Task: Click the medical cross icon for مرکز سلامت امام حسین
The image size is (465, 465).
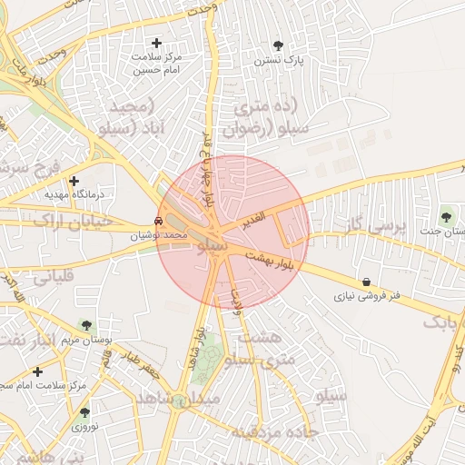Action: (156, 43)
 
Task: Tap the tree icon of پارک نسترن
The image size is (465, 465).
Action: (278, 45)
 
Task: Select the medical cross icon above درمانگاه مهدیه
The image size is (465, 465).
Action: (74, 181)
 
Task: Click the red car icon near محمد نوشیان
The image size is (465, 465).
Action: (159, 221)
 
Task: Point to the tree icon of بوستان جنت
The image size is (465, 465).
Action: (446, 216)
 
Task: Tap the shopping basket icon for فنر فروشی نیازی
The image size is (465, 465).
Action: (365, 282)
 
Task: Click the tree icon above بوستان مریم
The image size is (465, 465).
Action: (86, 324)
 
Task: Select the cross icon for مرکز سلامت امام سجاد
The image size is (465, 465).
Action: (37, 371)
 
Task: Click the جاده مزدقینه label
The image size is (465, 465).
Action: (272, 431)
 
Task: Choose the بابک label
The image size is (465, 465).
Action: (445, 321)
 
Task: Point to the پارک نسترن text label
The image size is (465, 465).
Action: (278, 60)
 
